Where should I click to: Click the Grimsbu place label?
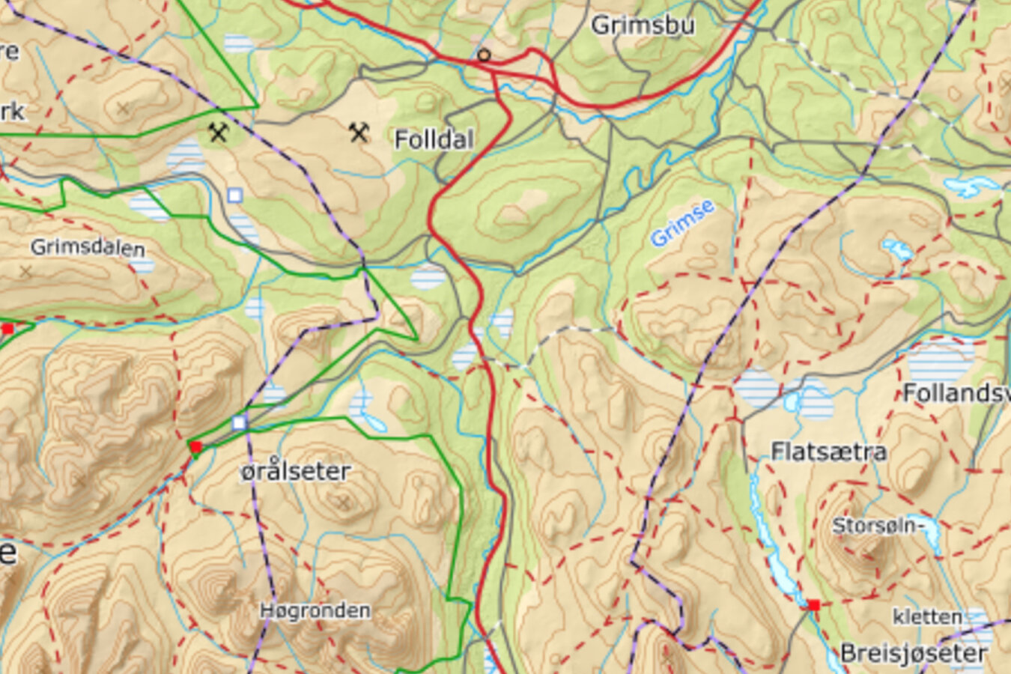pos(643,25)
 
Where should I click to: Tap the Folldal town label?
pos(434,139)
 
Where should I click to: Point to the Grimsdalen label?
pos(88,247)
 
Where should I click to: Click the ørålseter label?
pos(295,471)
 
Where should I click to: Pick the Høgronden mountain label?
pos(315,610)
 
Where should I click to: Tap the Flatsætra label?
pos(828,451)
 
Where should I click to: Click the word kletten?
pos(927,617)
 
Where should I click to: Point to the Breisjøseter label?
pos(914,653)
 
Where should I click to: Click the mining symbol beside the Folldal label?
pos(359,133)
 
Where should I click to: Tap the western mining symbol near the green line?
pos(218,133)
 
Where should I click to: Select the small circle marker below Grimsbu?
pos(485,55)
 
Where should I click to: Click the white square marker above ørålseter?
pos(239,423)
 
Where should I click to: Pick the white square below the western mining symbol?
pos(234,195)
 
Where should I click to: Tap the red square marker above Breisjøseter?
pos(813,604)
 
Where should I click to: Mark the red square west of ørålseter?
pos(195,447)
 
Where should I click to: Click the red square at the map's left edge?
pos(7,329)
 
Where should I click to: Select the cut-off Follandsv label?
pos(956,392)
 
